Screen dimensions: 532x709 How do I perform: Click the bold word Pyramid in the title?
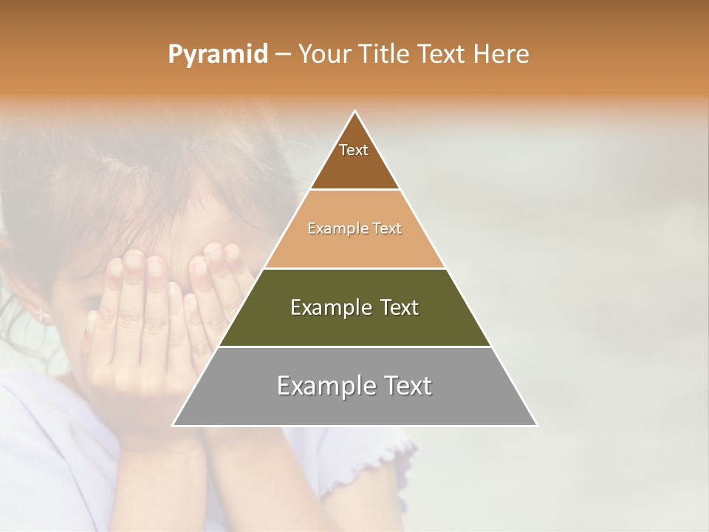217,55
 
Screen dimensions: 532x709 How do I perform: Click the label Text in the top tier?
354,150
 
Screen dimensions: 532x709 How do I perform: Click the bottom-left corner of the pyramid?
174,425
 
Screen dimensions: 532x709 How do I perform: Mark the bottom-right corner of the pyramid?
536,425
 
